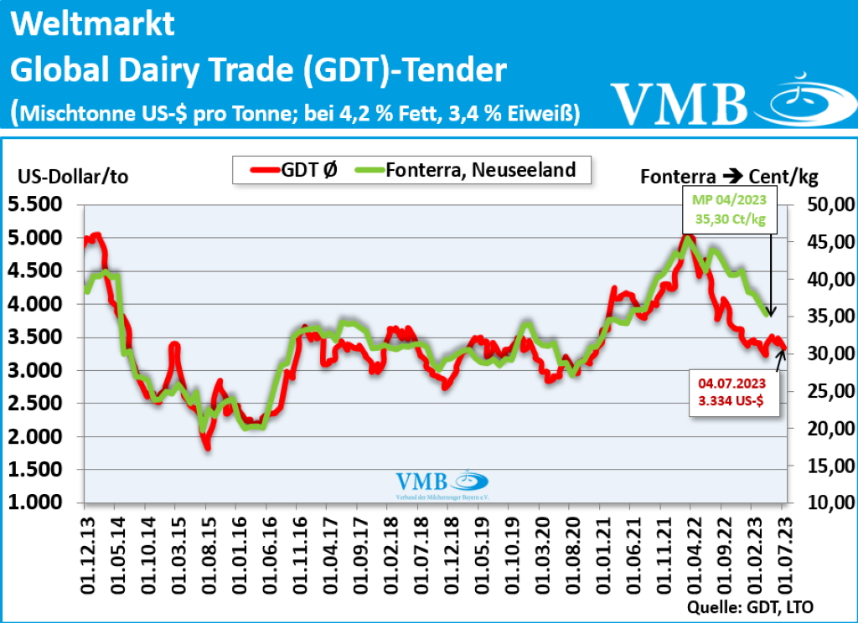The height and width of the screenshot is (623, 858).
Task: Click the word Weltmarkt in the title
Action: pyautogui.click(x=93, y=25)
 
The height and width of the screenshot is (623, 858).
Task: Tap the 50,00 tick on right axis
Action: pyautogui.click(x=824, y=204)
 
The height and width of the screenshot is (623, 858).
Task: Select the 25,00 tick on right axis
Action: pyautogui.click(x=824, y=391)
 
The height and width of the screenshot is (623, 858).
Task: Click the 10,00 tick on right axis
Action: pyautogui.click(x=824, y=502)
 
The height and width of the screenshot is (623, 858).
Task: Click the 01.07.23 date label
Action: pyautogui.click(x=783, y=548)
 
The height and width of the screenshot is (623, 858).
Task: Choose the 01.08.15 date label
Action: pyautogui.click(x=206, y=548)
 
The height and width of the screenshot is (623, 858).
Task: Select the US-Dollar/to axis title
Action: pyautogui.click(x=74, y=178)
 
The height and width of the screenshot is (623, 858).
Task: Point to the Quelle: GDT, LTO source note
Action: pyautogui.click(x=749, y=606)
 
